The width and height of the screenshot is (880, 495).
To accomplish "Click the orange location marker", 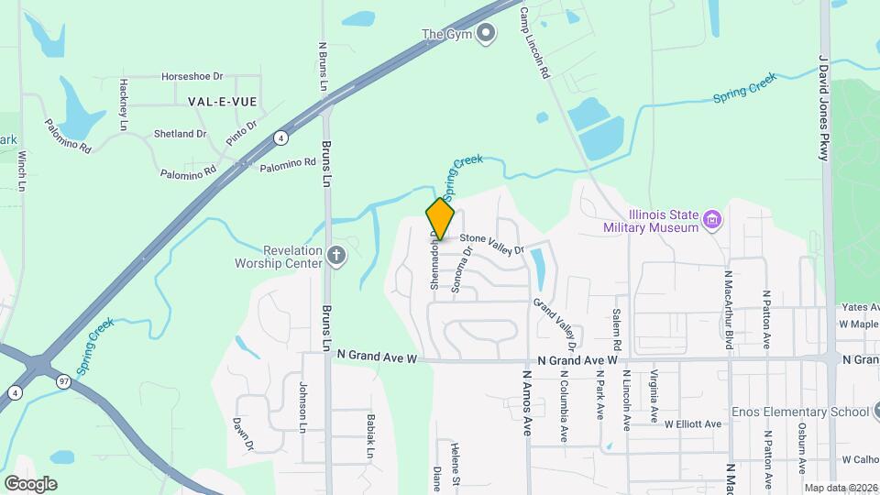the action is [x=440, y=218].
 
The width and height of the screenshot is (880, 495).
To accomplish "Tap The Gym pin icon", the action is [x=487, y=34].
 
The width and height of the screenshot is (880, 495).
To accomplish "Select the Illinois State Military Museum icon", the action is [x=712, y=219].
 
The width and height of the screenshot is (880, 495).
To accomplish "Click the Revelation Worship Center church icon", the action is [x=336, y=257].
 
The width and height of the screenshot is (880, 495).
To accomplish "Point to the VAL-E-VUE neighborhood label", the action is [x=222, y=101].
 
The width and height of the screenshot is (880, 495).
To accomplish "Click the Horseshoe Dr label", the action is [x=192, y=77].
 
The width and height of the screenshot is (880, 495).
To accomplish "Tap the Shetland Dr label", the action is [x=180, y=134].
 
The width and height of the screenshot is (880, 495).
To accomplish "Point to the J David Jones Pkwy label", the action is [x=823, y=105].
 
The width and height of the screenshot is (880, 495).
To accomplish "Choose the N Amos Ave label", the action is [x=527, y=402].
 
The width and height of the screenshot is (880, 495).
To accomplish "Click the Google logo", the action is [x=30, y=483].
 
